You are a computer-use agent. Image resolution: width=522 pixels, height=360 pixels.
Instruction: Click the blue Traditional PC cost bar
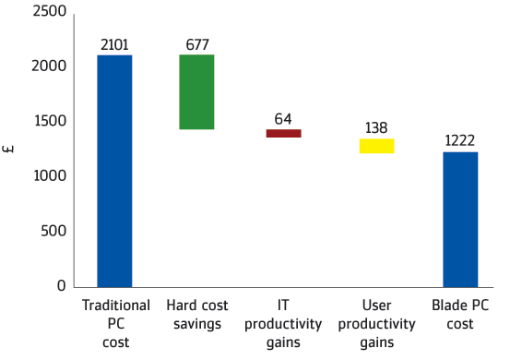coord(114,171)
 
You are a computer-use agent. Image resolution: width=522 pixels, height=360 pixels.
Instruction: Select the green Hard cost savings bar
coord(196,91)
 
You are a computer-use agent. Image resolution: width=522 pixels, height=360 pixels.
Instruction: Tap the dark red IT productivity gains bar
coord(284,133)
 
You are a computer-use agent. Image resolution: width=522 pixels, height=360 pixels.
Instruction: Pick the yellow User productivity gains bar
coord(377,146)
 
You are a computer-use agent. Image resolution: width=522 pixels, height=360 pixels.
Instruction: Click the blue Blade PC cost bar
coord(460,220)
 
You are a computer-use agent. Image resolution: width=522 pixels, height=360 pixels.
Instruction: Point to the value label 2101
coord(114,45)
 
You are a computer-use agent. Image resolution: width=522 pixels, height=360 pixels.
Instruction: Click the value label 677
coord(197,45)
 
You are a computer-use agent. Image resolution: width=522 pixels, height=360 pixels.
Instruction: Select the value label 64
coord(283,119)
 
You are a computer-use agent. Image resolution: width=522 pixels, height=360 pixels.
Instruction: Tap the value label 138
coord(376,128)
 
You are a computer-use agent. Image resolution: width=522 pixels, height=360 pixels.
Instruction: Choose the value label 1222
coord(459,140)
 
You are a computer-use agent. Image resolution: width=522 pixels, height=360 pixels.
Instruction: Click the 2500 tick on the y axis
coord(50,11)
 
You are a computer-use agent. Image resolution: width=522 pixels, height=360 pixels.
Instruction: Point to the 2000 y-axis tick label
coord(49,66)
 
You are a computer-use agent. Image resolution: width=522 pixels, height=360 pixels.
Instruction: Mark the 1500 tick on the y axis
coord(51,121)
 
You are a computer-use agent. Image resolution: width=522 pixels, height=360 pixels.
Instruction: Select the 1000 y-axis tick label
coord(50,175)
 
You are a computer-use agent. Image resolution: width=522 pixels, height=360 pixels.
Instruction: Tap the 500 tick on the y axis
coord(53,231)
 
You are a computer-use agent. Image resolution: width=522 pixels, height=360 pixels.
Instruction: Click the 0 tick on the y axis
coord(62,285)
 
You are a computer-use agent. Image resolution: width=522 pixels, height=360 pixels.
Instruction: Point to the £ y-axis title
coord(8,149)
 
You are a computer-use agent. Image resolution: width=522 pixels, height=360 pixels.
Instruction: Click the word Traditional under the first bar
coord(116,306)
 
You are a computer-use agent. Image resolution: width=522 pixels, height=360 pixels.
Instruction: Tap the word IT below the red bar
coord(283,306)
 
